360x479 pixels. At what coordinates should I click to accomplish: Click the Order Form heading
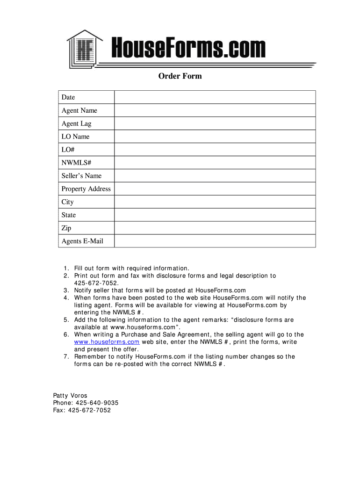point(180,76)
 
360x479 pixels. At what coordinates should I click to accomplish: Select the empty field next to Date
point(215,97)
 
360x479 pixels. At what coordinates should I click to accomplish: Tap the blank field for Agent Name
point(215,110)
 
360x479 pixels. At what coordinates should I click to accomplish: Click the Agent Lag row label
point(77,123)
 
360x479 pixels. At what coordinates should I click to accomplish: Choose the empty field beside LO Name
point(215,137)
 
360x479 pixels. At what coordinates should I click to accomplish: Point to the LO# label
point(68,150)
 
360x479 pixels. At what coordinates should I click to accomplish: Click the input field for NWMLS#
point(215,163)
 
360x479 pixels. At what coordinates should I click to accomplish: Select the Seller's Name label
point(81,176)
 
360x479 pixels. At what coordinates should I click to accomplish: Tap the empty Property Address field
point(215,189)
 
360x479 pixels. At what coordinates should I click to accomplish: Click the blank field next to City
point(215,202)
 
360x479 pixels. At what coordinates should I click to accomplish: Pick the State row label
point(69,215)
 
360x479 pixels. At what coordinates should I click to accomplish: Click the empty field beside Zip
point(215,228)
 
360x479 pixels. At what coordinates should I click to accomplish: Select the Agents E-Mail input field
point(215,241)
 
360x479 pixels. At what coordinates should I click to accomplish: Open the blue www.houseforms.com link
point(107,342)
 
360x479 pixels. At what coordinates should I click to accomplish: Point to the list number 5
point(66,320)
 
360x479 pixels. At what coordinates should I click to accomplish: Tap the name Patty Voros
point(70,396)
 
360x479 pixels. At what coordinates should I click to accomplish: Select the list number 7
point(66,356)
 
